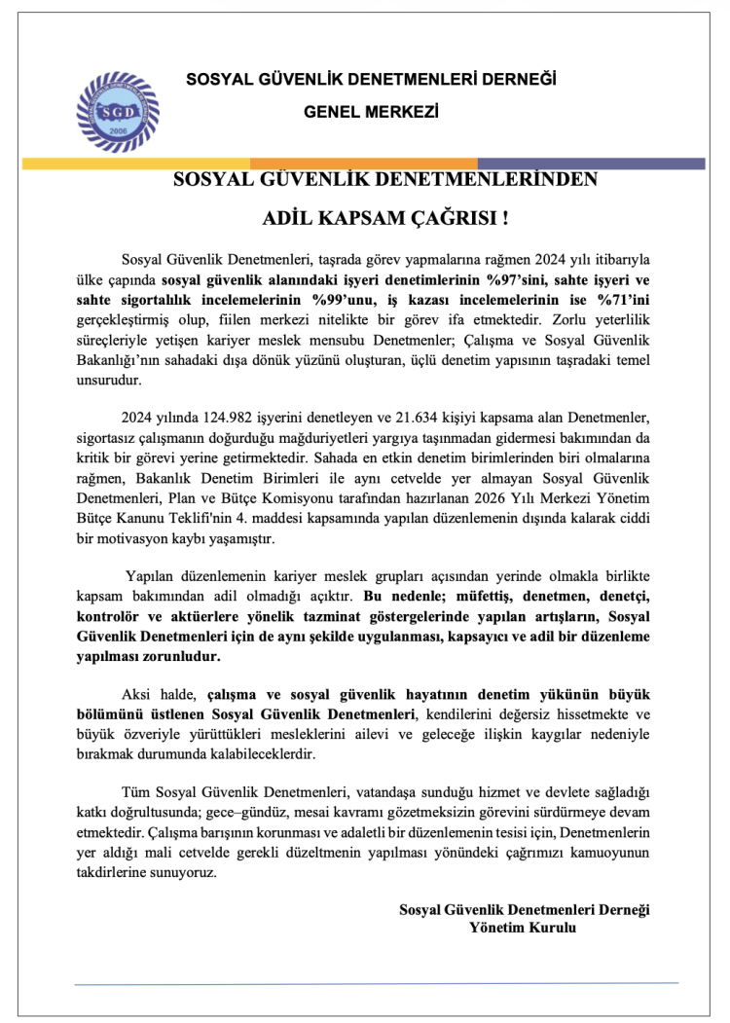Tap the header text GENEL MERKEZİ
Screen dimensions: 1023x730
[371, 112]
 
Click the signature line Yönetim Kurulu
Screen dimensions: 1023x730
[523, 929]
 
